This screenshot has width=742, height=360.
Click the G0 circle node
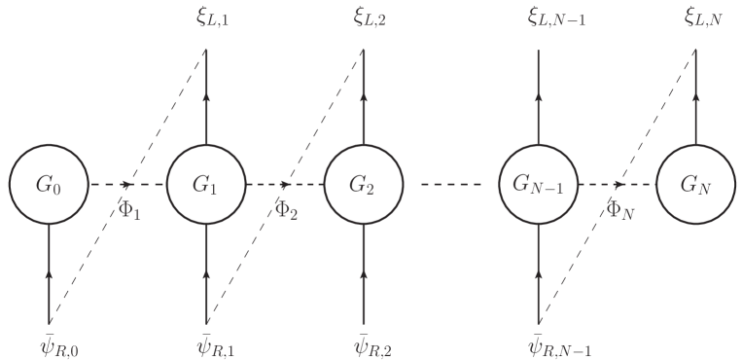coord(49,183)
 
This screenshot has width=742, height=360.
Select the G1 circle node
coord(206,183)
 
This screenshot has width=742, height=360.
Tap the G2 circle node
coord(363,183)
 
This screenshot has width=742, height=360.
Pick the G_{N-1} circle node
coord(539,183)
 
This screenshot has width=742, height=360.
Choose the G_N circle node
coord(694,183)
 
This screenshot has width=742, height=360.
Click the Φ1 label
coord(129,209)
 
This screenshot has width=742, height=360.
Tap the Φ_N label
coord(620,209)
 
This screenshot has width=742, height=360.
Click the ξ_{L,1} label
coord(207,18)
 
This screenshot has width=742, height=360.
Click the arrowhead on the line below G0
coord(49,276)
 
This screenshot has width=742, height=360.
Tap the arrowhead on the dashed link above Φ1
coord(128,183)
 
